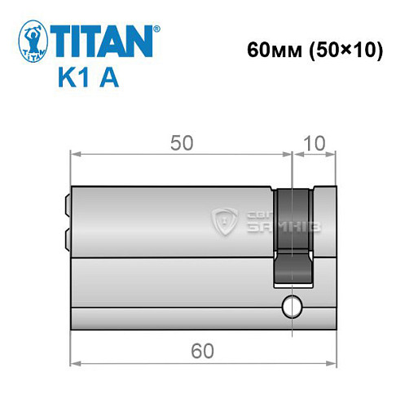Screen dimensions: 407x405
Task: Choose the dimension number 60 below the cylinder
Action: point(201,351)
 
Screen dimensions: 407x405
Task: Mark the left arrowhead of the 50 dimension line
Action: point(74,152)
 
